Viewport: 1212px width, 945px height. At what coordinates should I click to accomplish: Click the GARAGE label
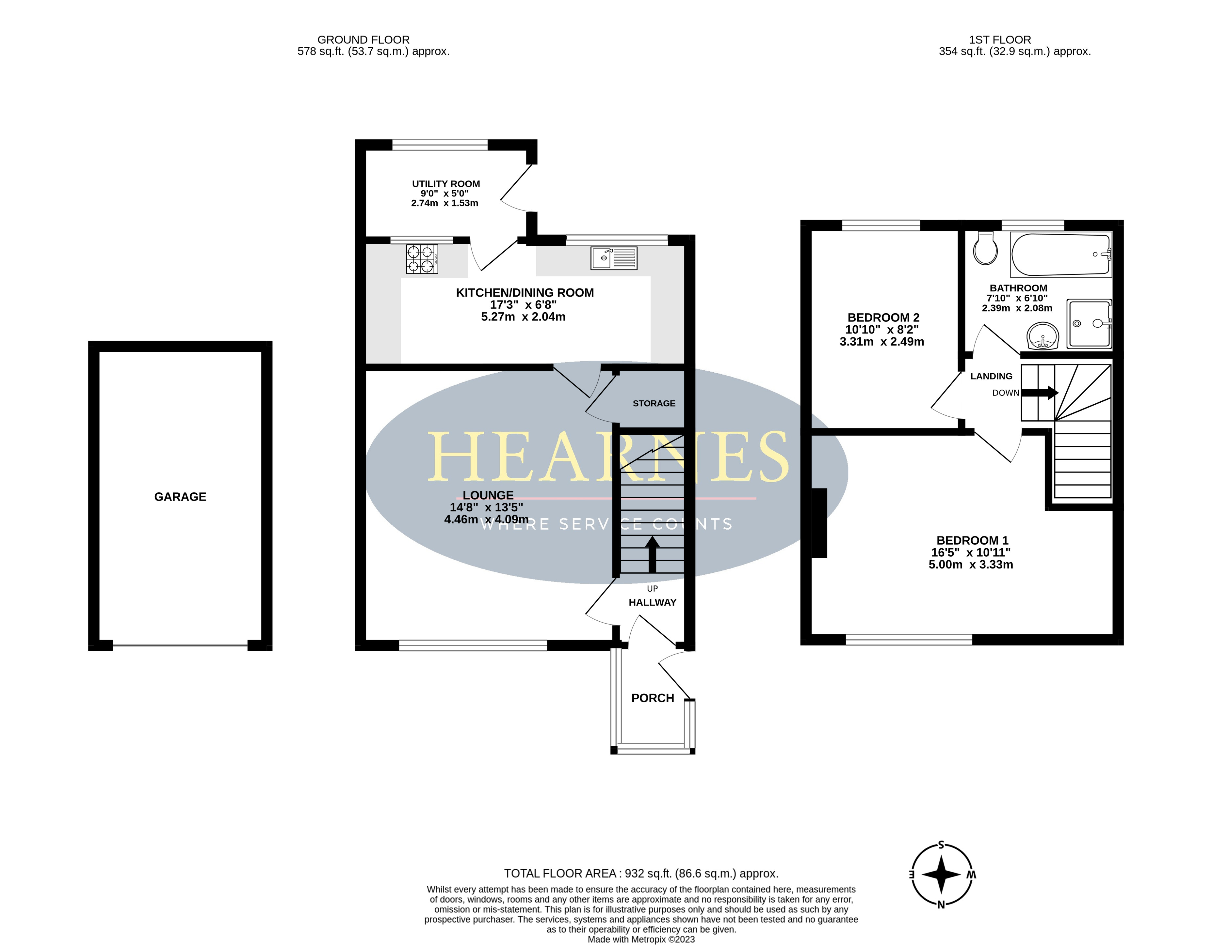click(180, 497)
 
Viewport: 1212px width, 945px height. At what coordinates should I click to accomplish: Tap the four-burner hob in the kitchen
click(422, 259)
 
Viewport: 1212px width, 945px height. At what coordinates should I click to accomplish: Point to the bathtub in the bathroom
click(1061, 255)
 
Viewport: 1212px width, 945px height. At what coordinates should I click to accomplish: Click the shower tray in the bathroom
click(1089, 323)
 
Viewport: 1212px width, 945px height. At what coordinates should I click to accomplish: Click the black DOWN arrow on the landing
click(1040, 393)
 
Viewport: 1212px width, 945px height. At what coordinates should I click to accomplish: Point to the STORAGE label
click(654, 404)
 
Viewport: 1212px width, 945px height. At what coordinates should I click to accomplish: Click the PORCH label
click(653, 698)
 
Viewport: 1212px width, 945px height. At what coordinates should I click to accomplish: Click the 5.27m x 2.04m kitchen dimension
click(523, 317)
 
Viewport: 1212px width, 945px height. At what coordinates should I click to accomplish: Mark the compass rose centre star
click(941, 875)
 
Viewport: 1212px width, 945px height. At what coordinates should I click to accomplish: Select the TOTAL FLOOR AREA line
click(641, 874)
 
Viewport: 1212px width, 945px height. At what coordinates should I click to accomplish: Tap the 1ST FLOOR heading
click(1000, 40)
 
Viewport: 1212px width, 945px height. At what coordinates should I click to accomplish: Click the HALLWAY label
click(652, 602)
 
